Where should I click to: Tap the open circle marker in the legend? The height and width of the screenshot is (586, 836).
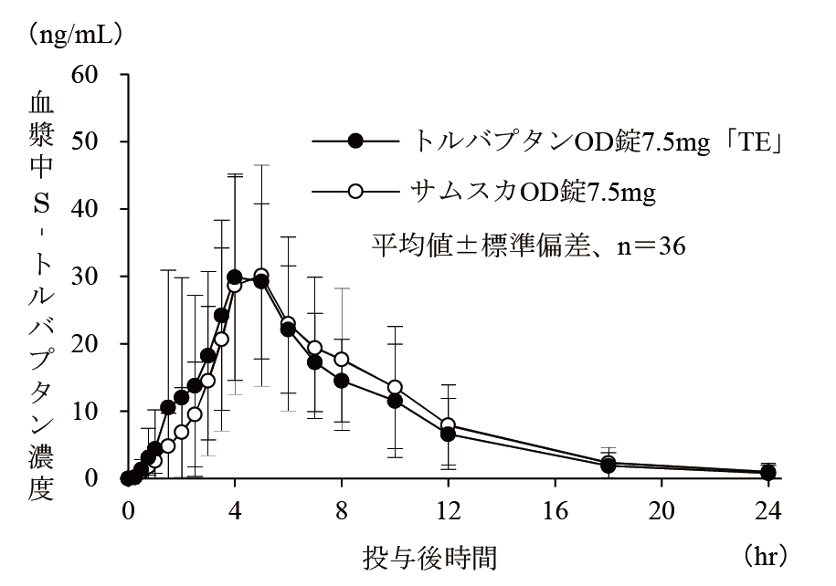click(356, 192)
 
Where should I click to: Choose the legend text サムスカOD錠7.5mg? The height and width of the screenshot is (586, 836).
click(528, 193)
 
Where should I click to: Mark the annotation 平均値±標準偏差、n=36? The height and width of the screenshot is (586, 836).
click(528, 244)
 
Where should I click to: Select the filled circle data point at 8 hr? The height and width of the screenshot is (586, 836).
click(342, 381)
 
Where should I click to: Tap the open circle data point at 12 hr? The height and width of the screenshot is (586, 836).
click(449, 425)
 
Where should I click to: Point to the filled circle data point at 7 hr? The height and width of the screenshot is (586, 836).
click(314, 361)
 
